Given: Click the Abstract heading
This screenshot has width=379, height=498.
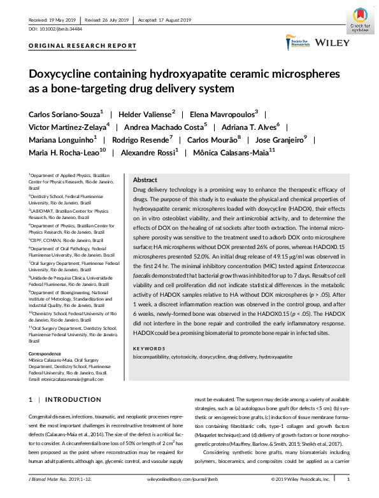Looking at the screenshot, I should pyautogui.click(x=145, y=180).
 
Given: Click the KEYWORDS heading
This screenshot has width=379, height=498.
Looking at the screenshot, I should pyautogui.click(x=148, y=348).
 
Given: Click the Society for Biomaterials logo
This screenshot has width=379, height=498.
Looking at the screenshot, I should pyautogui.click(x=297, y=44).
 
